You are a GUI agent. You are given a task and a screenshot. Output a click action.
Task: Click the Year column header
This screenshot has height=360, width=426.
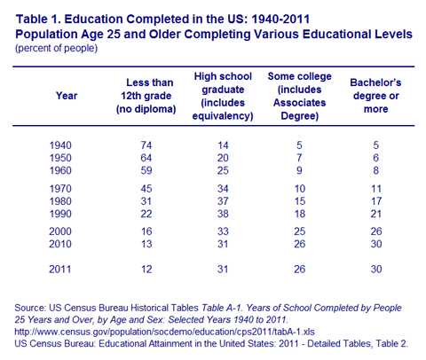tap(67, 96)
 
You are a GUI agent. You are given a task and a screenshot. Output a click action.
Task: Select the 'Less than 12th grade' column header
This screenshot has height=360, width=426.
tap(146, 96)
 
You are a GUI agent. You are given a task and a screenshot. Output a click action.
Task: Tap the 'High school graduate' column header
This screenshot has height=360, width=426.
tap(223, 96)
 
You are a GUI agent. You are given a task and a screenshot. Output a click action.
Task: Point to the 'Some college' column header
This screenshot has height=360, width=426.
tap(299, 96)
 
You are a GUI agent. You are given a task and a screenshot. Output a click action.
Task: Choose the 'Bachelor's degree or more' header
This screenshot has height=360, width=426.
tap(375, 96)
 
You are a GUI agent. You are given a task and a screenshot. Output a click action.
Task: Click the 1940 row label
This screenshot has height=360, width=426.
tap(60, 145)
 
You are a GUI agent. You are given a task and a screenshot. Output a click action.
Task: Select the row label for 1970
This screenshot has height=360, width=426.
tap(60, 189)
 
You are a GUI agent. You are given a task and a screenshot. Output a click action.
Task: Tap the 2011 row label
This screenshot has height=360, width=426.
tap(60, 270)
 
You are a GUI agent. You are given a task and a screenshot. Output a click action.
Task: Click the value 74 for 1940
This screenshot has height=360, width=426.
tap(146, 145)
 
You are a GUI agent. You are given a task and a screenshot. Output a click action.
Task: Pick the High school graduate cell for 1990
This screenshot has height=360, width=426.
tap(223, 214)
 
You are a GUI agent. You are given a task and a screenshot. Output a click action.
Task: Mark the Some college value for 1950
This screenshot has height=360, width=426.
tap(299, 158)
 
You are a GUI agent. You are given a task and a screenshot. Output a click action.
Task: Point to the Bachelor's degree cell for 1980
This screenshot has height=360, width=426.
tap(376, 201)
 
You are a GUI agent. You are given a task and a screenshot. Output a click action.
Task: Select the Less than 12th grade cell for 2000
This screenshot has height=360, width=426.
tap(146, 231)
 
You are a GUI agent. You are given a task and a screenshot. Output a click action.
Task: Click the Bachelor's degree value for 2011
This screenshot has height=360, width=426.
tap(376, 270)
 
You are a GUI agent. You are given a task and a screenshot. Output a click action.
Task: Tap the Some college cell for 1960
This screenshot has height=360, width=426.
tap(299, 170)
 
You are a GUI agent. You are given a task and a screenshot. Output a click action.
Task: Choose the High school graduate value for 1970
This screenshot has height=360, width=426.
tap(223, 189)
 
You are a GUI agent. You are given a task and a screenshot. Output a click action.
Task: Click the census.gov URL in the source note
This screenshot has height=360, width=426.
tap(164, 332)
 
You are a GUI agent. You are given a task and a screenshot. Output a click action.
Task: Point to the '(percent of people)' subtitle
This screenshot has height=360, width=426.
tap(56, 48)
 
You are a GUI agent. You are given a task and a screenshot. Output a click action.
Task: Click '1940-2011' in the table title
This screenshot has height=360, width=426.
tap(280, 20)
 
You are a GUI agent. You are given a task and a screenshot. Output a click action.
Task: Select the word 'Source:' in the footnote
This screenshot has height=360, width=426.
tap(30, 308)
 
